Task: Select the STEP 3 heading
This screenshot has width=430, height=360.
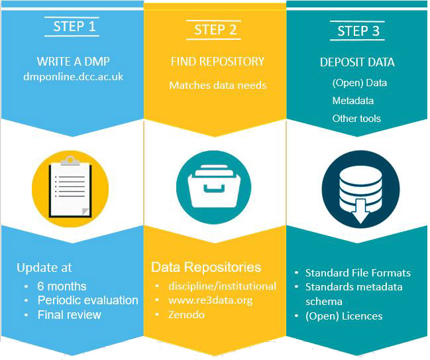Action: (358, 31)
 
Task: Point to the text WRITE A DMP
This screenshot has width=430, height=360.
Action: (72, 62)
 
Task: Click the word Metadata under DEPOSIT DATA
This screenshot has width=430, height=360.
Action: (352, 101)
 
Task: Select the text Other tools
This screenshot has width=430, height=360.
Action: (356, 118)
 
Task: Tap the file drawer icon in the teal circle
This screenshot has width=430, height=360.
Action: (213, 183)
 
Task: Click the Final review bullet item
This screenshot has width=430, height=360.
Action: (70, 314)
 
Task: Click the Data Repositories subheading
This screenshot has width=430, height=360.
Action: (206, 268)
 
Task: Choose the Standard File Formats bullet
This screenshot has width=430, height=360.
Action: (358, 273)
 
